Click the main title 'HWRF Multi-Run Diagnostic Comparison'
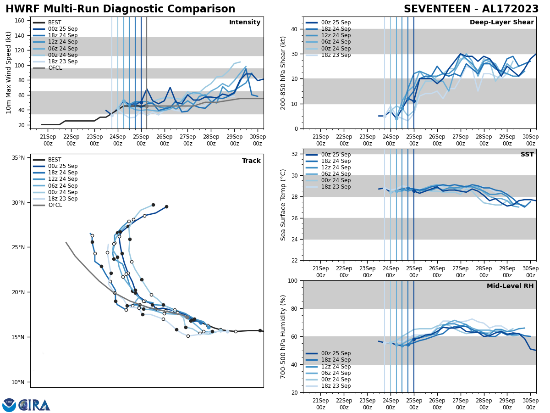pos(120,9)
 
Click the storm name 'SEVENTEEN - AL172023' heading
pos(472,9)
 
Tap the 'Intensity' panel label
pos(245,22)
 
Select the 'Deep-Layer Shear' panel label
pos(501,22)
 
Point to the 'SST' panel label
pos(527,155)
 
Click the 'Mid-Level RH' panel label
pos(510,286)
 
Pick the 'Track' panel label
pos(251,161)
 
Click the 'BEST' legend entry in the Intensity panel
pos(55,22)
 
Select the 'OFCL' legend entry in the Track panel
pos(55,205)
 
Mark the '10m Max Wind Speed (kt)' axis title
pos(9,73)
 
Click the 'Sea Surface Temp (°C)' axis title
pos(283,205)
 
